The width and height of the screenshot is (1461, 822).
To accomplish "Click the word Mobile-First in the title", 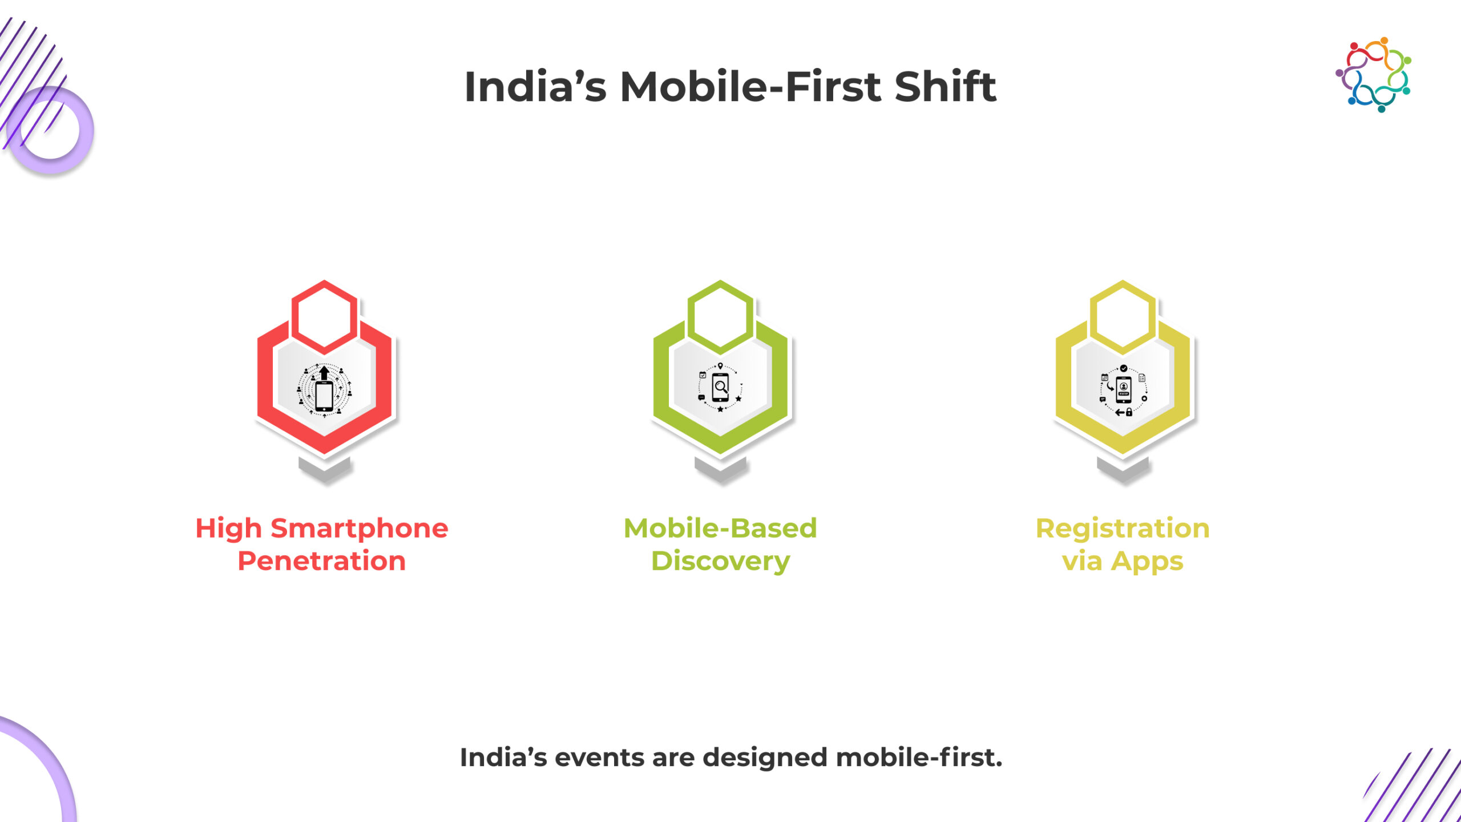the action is (x=752, y=87).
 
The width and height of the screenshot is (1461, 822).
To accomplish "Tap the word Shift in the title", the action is (x=946, y=86).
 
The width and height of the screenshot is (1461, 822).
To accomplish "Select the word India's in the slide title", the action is (x=535, y=87).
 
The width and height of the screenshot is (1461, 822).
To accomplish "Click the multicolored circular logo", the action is (x=1373, y=75).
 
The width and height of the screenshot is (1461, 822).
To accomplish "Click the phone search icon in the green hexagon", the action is (x=720, y=388).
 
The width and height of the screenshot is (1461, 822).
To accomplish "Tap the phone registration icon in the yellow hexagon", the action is (x=1123, y=390).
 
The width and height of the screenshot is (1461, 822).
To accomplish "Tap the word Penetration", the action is (x=322, y=561).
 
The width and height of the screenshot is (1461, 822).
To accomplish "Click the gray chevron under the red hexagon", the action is (x=325, y=470).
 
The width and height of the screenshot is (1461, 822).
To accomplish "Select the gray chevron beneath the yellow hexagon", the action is (x=1123, y=470).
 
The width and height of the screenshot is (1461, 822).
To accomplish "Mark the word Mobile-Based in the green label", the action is (x=720, y=529).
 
